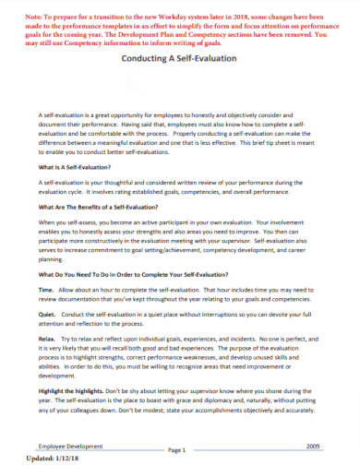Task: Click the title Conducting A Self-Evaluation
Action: (x=180, y=58)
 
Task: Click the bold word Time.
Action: (x=46, y=289)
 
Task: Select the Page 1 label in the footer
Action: (x=178, y=449)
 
